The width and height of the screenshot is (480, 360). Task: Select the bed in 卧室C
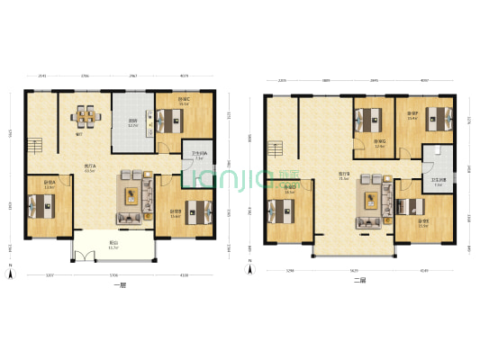coord(171,118)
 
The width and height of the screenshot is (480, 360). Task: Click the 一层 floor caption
coord(119,285)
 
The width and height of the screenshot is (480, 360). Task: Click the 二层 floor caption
coord(359,281)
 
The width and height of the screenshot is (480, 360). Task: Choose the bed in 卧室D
coord(285,212)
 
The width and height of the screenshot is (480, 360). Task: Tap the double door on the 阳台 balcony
coord(86,255)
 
